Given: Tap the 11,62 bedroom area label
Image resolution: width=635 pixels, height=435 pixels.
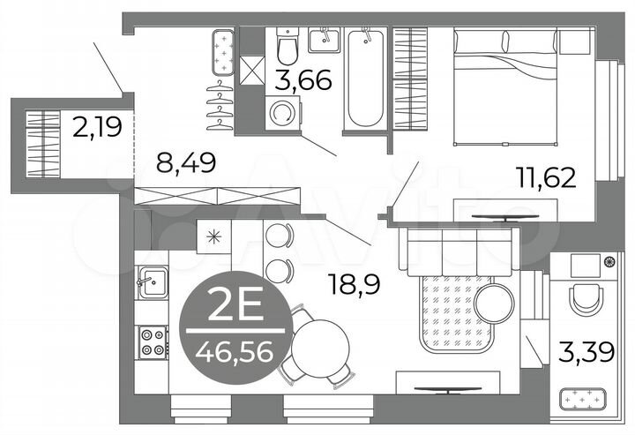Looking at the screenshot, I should (547, 177).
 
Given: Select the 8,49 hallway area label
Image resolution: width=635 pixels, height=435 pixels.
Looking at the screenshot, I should (187, 163).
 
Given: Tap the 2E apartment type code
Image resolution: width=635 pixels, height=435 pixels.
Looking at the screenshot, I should (234, 308).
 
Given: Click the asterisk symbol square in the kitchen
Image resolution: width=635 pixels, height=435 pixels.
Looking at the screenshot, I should (212, 236).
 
